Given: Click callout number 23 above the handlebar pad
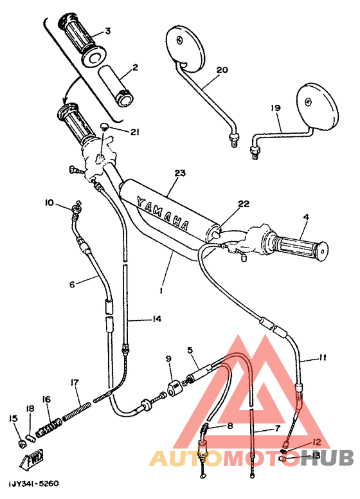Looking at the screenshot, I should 179,173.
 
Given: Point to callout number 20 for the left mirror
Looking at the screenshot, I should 222,70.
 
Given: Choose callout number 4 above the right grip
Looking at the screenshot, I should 305,217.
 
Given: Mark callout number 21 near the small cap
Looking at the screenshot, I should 134,132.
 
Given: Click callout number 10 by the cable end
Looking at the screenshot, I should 50,203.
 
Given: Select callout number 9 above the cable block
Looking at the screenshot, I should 168,359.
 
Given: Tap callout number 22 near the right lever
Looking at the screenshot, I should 243,204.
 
